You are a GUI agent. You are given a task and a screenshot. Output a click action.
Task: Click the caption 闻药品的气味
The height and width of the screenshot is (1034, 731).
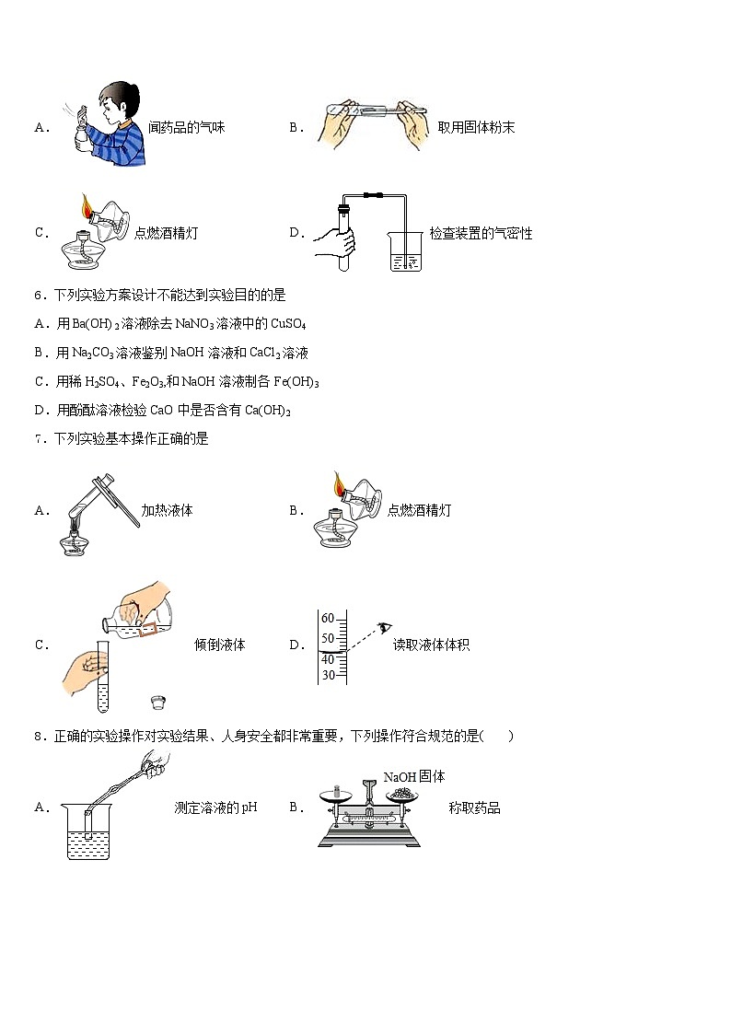(x=187, y=128)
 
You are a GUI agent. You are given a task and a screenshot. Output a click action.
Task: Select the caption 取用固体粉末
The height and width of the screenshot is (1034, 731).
(x=476, y=128)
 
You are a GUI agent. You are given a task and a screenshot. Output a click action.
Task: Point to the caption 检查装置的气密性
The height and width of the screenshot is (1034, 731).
(x=481, y=233)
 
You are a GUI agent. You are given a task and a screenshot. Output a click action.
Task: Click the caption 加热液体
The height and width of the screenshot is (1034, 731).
(x=167, y=510)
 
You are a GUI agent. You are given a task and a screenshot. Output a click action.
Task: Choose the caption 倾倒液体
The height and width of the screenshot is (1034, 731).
(x=220, y=645)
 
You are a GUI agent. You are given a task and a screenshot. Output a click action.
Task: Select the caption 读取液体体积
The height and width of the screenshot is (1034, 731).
(x=431, y=645)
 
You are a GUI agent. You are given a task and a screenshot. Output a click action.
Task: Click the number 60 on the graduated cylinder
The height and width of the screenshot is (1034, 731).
(x=327, y=619)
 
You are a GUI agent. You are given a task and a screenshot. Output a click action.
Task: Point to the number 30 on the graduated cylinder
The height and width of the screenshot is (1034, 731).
(x=327, y=676)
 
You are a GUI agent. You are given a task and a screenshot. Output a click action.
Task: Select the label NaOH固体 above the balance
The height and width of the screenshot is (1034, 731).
(x=414, y=777)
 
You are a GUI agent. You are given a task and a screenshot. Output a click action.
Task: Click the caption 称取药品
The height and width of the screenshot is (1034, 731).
(x=474, y=808)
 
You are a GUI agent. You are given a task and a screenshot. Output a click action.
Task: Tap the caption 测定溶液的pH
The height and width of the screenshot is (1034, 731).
(x=215, y=808)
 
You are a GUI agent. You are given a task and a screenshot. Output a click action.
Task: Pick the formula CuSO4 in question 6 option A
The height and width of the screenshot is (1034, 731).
(x=289, y=323)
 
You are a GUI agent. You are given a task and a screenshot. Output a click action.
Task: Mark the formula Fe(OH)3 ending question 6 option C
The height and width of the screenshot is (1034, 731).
(x=296, y=381)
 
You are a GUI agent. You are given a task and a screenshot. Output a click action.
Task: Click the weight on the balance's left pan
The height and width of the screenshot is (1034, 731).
(x=336, y=791)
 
